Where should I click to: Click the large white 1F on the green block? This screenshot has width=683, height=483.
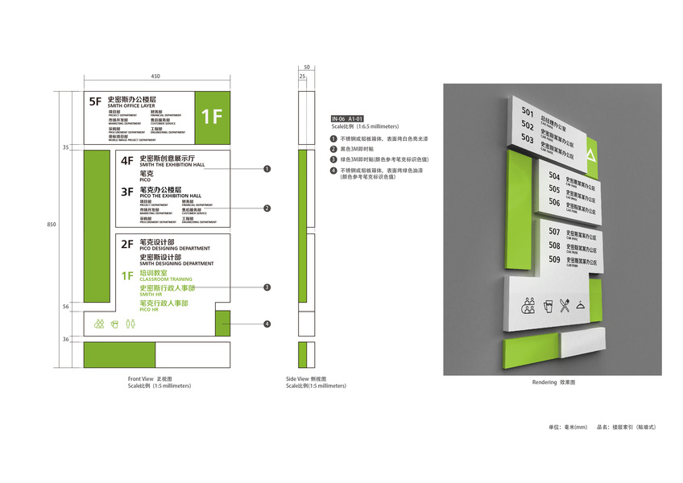[211, 116]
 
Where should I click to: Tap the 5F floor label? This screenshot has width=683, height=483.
[96, 101]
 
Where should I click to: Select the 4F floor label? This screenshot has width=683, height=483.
[126, 160]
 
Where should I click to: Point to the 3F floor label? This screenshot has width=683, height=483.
[126, 192]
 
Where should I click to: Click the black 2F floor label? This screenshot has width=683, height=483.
[126, 244]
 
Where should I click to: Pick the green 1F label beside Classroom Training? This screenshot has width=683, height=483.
[126, 275]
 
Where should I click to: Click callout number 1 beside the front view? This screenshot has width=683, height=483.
[267, 169]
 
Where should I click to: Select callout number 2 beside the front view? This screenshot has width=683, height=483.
[267, 208]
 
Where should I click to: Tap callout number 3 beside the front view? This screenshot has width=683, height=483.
[267, 287]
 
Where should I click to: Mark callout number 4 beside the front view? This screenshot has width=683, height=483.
[267, 324]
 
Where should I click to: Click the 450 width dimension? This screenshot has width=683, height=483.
[155, 76]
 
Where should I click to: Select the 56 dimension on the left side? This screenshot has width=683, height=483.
[65, 307]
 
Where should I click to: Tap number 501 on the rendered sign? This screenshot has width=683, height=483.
[528, 112]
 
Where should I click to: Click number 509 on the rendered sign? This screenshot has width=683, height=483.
[555, 259]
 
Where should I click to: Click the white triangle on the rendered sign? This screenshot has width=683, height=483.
[591, 153]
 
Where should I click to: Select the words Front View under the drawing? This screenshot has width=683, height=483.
[139, 378]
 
